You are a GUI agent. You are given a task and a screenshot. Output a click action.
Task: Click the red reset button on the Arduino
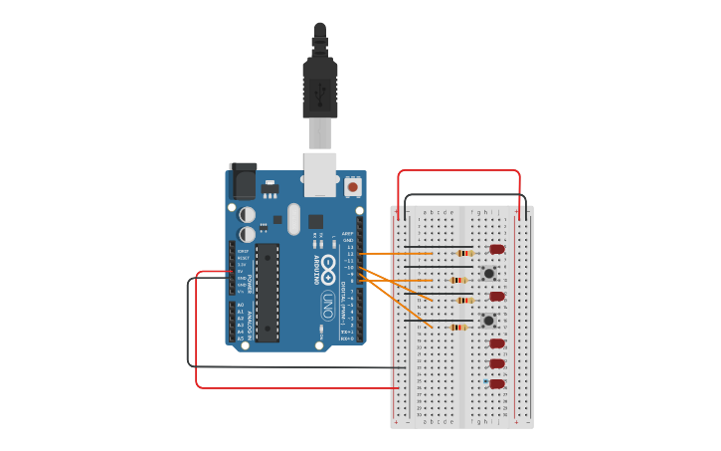[x=353, y=186]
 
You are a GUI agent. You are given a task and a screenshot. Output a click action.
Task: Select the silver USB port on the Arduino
[x=320, y=173]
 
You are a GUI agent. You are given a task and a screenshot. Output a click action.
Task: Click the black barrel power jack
[x=243, y=180]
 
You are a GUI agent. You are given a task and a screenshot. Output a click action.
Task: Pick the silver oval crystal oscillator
[x=293, y=218]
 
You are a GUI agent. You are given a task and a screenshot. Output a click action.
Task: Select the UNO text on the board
[x=327, y=305]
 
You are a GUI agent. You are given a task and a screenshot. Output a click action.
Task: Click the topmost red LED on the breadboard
[x=497, y=249]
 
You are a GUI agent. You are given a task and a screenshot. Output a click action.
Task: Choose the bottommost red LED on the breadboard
[x=497, y=383]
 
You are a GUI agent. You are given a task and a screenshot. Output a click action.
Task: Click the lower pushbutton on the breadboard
[x=488, y=321]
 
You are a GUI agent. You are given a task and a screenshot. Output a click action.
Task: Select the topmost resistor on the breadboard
[x=463, y=253]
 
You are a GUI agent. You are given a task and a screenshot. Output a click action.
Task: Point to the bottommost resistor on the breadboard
[x=457, y=327]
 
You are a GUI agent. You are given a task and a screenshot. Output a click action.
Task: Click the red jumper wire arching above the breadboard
[x=458, y=171]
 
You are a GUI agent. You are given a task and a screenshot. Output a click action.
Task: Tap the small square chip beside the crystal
[x=315, y=221]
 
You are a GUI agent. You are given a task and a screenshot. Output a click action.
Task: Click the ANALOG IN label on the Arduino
[x=231, y=322]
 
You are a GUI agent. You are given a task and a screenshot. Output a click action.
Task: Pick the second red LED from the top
[x=497, y=296]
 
